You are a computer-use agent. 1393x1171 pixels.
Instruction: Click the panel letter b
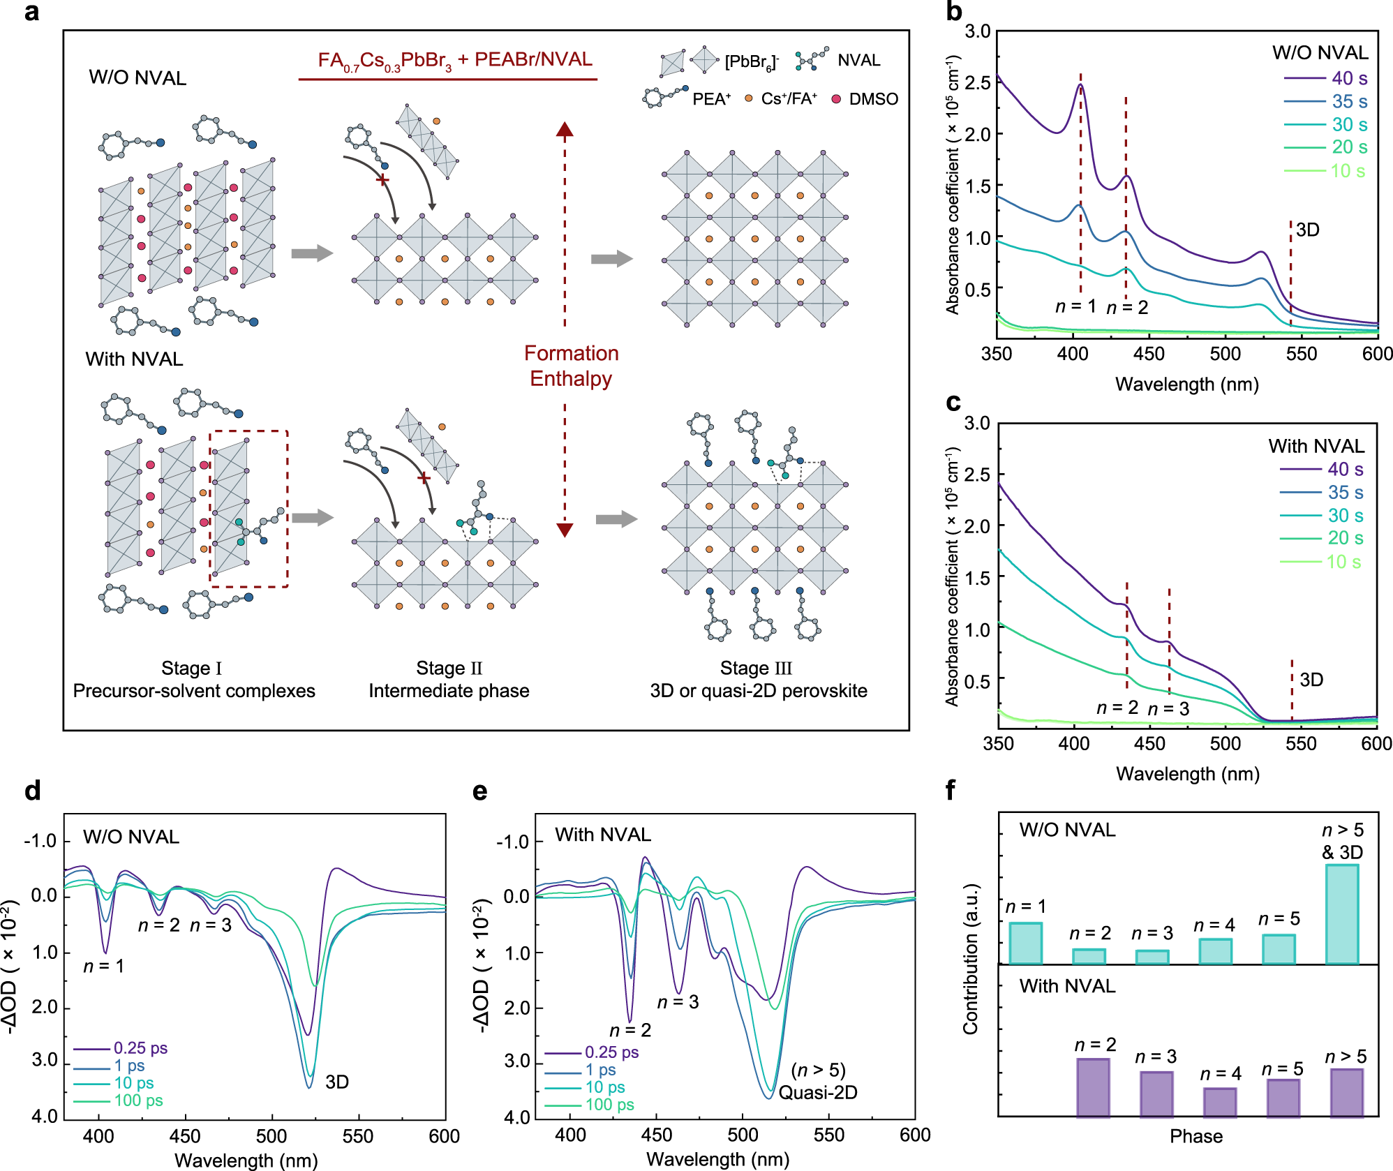[953, 13]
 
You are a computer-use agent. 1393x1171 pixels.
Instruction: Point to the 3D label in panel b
[1307, 230]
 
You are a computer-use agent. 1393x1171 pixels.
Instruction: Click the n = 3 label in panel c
[1168, 709]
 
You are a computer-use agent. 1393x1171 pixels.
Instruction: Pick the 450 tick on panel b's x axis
[1149, 354]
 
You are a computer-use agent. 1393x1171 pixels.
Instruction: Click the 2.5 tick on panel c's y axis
[977, 475]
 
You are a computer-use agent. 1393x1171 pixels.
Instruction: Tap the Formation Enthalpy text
[571, 366]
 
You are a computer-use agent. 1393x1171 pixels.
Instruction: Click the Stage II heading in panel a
[449, 668]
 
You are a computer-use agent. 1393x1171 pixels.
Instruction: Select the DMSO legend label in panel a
[873, 99]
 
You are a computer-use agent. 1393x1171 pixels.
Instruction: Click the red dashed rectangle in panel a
[249, 509]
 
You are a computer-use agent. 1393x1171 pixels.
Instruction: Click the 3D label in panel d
[336, 1082]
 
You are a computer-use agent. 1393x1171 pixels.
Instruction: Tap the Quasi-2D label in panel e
[817, 1092]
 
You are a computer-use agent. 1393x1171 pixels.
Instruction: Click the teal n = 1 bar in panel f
[1025, 943]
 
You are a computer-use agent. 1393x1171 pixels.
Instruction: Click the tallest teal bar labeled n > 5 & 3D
[1341, 914]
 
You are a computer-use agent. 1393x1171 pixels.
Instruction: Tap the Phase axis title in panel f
[1195, 1137]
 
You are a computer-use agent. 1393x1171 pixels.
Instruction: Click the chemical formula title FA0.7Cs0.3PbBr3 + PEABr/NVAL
[455, 61]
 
